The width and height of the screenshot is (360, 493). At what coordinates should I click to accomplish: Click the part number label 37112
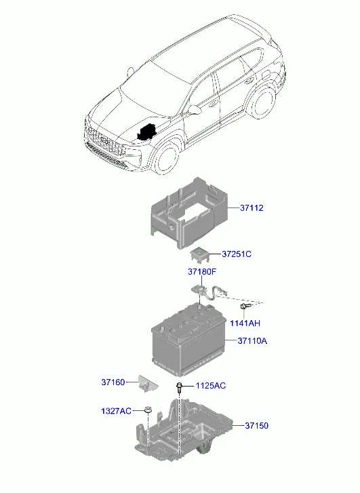coord(252,208)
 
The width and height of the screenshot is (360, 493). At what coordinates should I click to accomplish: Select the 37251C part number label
coord(237,254)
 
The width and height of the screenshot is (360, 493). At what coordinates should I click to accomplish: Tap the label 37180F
coord(202,271)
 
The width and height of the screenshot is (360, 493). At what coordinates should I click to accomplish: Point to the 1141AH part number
coord(245,323)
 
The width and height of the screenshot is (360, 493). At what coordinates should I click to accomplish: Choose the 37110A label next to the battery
coord(252,340)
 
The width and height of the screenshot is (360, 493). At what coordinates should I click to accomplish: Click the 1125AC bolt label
coord(211,386)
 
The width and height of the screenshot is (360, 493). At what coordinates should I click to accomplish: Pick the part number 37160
coord(113,382)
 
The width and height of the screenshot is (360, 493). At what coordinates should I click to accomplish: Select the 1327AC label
coord(116,411)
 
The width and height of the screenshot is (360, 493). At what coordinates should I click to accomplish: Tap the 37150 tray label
coord(256,425)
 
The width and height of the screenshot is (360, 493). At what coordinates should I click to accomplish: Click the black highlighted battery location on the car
coord(146,132)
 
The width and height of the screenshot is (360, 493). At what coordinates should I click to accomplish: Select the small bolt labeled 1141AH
coord(244,307)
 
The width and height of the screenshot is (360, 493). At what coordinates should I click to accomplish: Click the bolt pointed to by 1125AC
coord(179,387)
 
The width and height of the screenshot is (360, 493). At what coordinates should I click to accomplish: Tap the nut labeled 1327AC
coord(147,410)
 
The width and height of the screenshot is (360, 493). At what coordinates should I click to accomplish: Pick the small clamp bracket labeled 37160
coord(147,383)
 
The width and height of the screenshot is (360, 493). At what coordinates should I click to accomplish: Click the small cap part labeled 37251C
coord(199,254)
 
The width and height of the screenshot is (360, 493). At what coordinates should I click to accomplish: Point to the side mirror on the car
coord(195,109)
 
